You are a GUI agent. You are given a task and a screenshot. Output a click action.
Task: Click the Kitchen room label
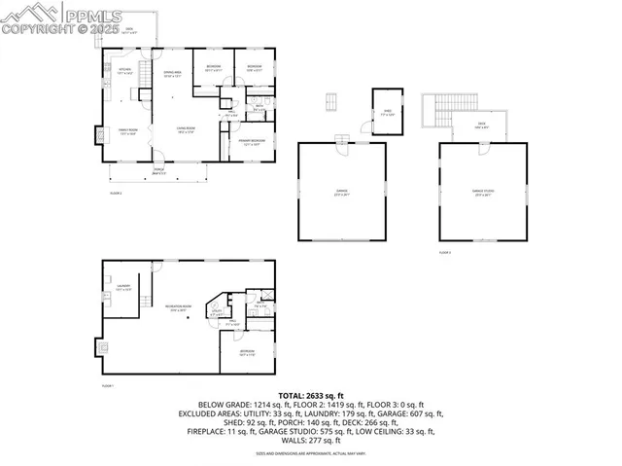pyautogui.click(x=124, y=70)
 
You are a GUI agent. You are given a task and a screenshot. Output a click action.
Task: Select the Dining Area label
pyautogui.click(x=173, y=72)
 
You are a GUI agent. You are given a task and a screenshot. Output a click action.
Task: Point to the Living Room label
pyautogui.click(x=186, y=129)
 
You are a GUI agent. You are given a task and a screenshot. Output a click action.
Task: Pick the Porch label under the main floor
pyautogui.click(x=158, y=171)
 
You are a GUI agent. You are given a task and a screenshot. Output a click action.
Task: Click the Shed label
pyautogui.click(x=387, y=112)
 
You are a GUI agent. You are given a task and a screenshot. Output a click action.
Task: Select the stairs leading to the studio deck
pyautogui.click(x=455, y=105)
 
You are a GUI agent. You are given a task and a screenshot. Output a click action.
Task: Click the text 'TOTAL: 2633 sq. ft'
pyautogui.click(x=310, y=396)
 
